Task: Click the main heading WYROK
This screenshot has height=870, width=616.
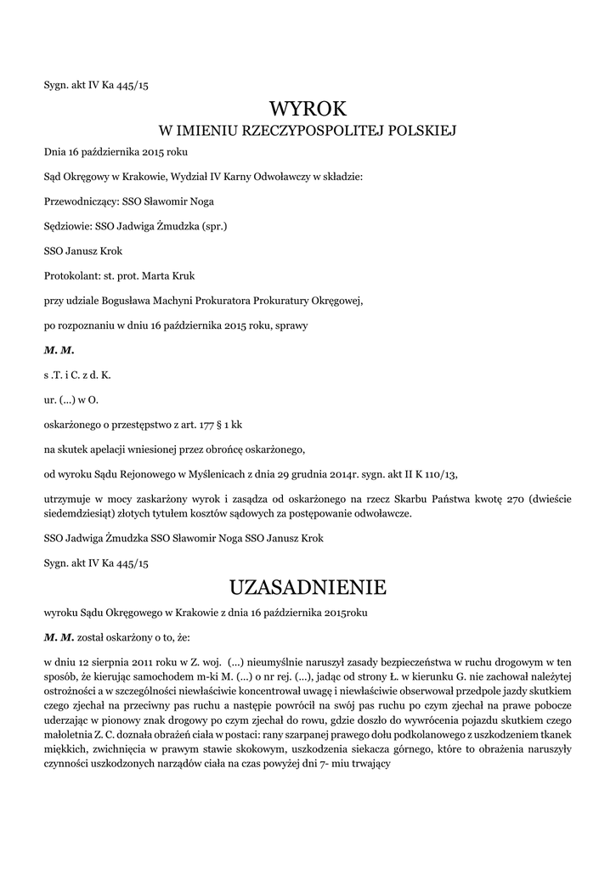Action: click(308, 109)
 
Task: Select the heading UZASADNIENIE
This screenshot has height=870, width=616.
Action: click(308, 587)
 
